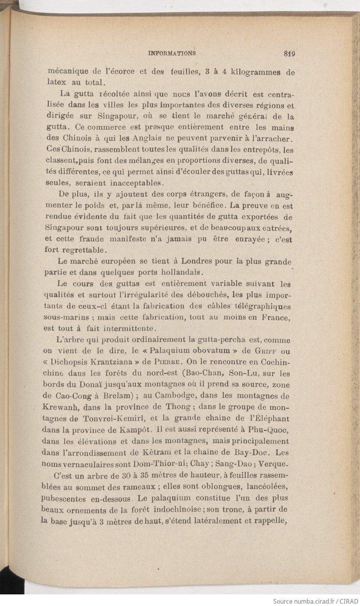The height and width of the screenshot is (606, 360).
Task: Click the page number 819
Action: pos(289,54)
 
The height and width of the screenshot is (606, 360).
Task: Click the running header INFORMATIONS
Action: pos(172,53)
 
